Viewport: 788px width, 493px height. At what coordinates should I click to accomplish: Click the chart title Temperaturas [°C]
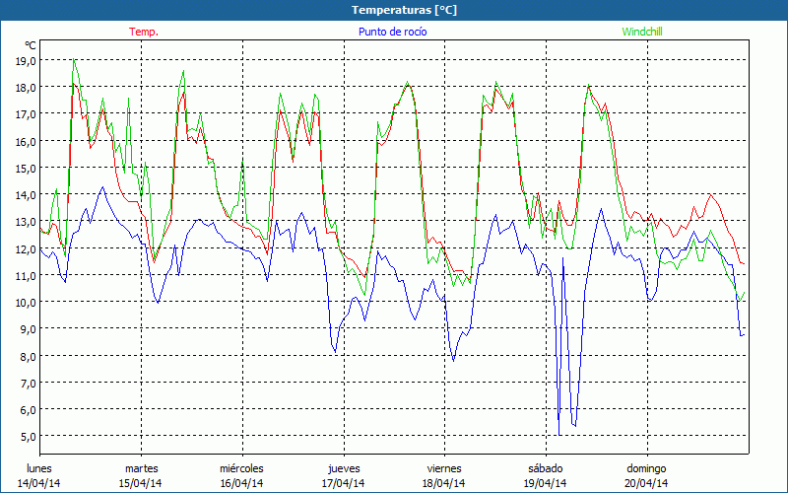(x=404, y=9)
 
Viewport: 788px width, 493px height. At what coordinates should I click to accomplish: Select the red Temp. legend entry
(x=144, y=32)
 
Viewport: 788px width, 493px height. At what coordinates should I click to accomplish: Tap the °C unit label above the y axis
(x=31, y=45)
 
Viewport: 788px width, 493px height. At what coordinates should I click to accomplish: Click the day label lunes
(x=39, y=468)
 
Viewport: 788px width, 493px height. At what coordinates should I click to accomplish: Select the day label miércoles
(x=241, y=468)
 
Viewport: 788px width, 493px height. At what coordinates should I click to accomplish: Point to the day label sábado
(x=546, y=468)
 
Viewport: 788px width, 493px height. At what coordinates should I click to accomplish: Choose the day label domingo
(x=646, y=468)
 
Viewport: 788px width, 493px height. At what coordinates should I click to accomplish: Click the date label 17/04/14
(x=343, y=483)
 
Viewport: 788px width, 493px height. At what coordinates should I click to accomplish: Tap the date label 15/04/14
(x=141, y=483)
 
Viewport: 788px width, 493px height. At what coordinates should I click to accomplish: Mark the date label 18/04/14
(x=444, y=483)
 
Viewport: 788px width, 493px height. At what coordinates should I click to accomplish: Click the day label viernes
(x=444, y=468)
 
